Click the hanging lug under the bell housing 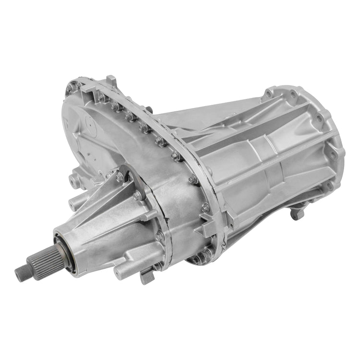tap(298, 213)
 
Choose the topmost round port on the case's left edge tap(72, 178)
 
